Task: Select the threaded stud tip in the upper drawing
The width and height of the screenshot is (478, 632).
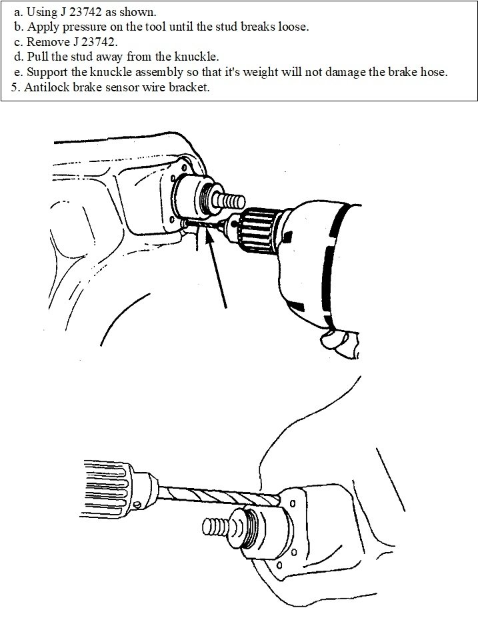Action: click(x=231, y=200)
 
